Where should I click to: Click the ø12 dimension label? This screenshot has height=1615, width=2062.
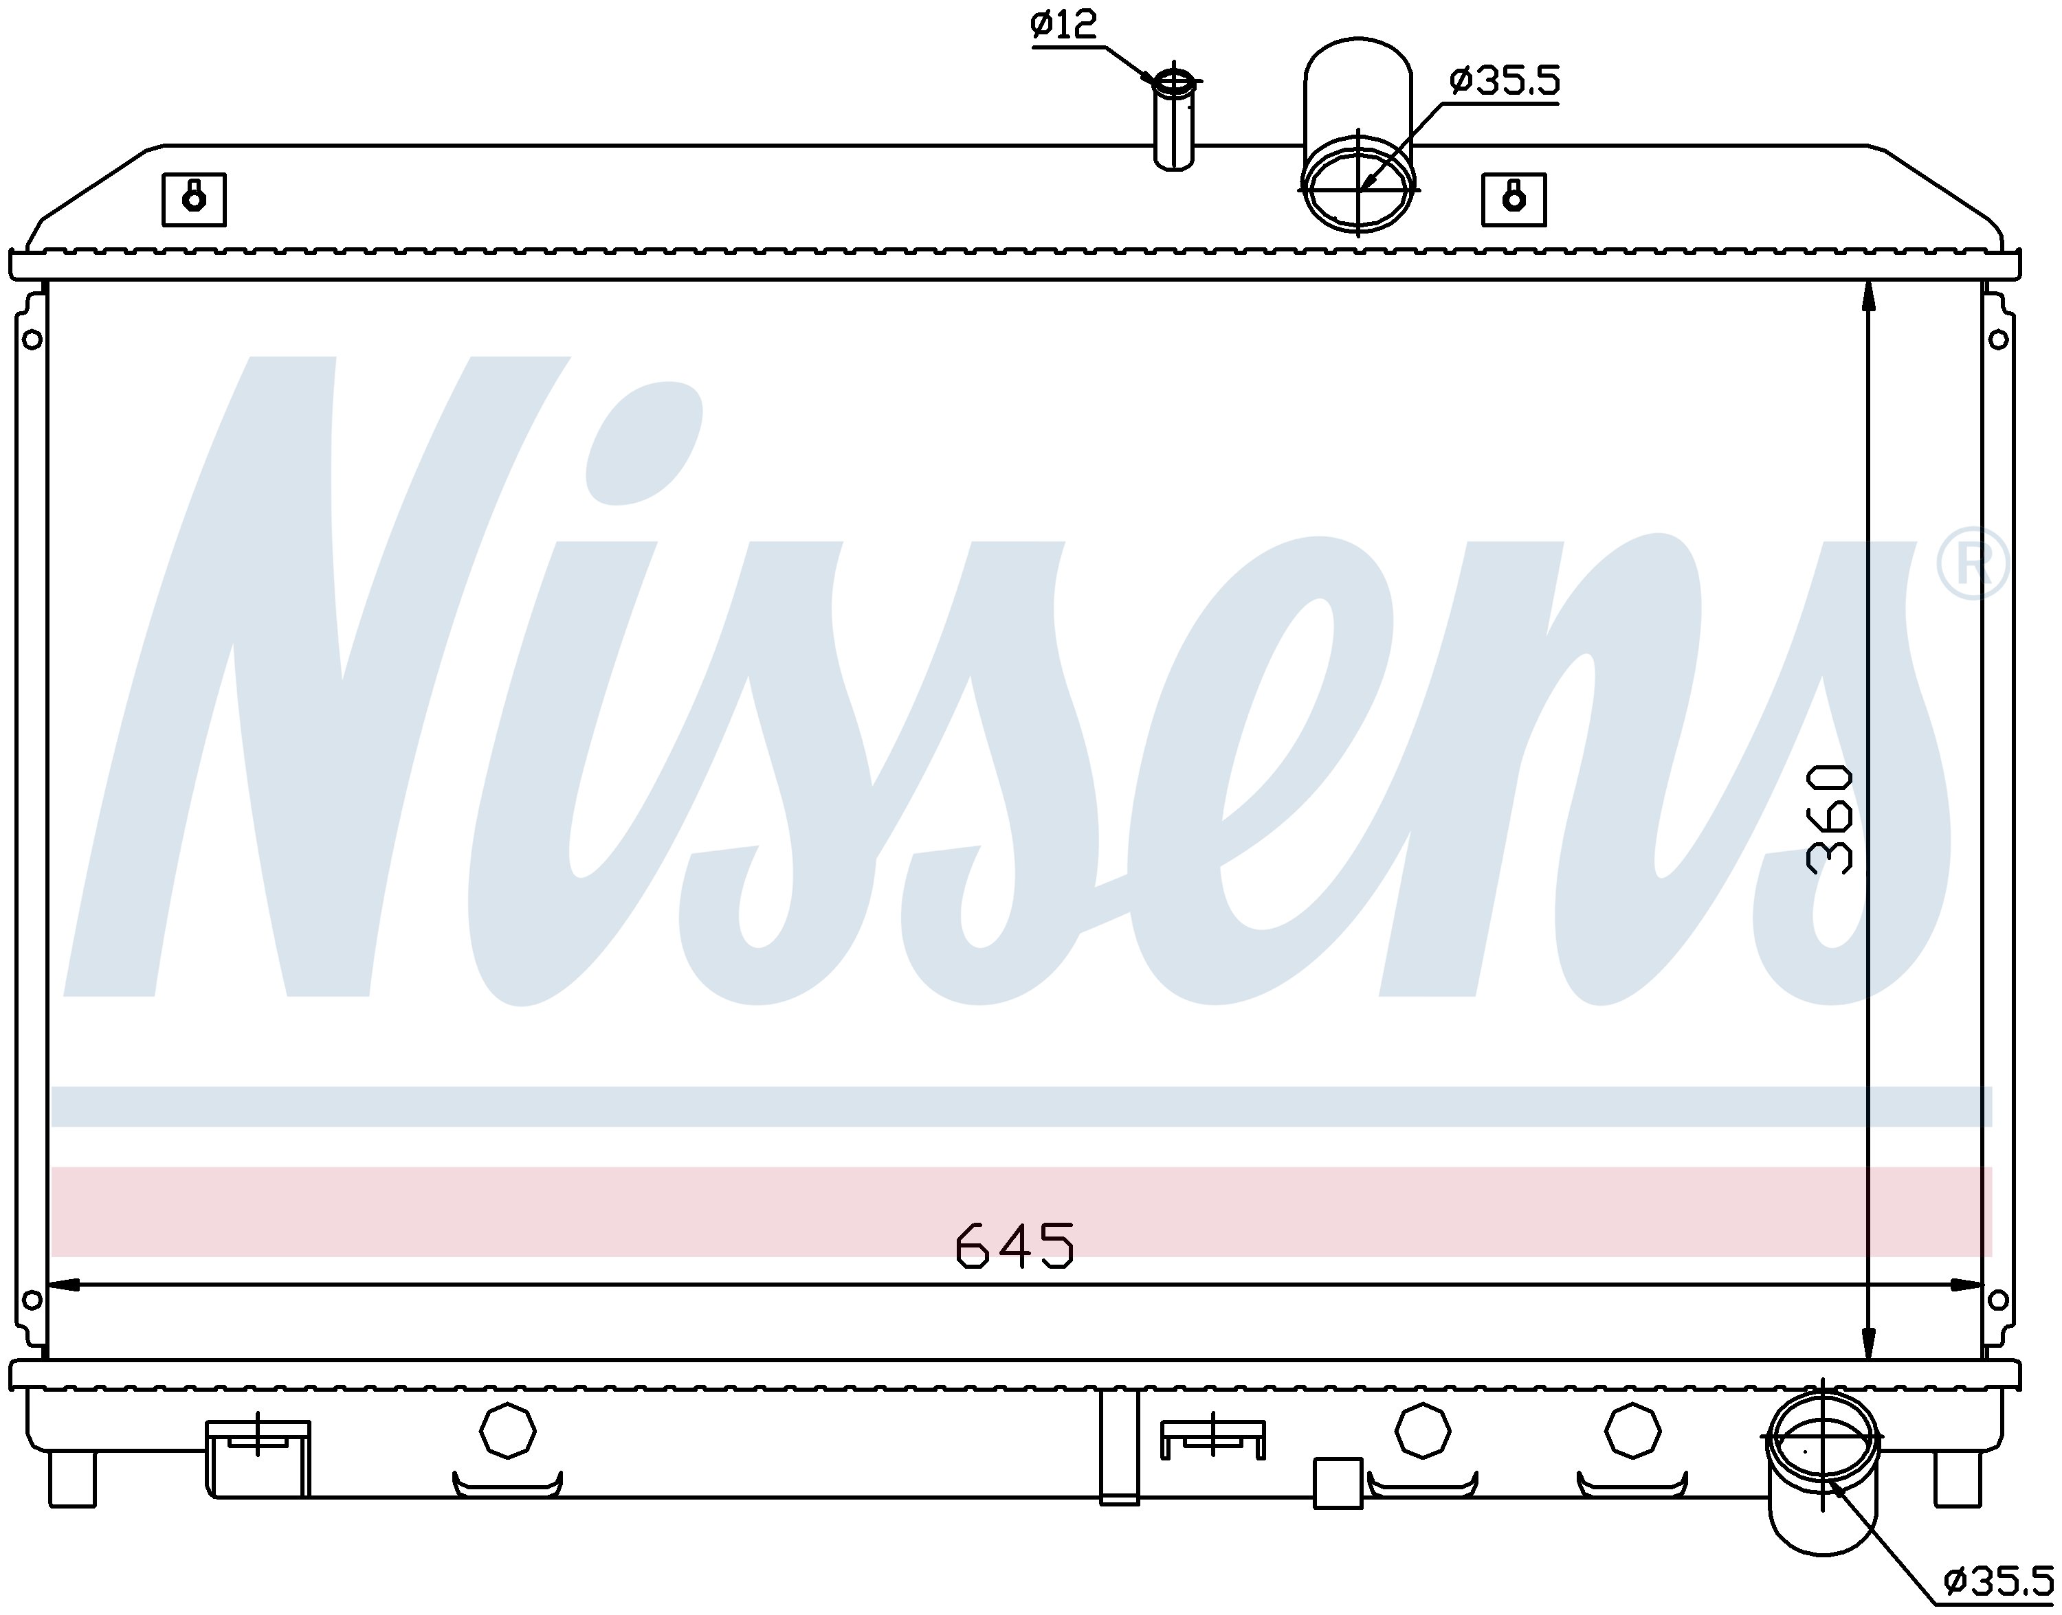(x=1064, y=25)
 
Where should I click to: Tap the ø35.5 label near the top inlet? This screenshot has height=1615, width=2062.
(x=1504, y=80)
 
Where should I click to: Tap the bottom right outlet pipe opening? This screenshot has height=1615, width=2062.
(x=1821, y=1436)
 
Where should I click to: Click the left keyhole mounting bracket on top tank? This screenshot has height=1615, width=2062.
(x=194, y=199)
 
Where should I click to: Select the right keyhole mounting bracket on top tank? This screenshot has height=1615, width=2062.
(x=1514, y=199)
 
